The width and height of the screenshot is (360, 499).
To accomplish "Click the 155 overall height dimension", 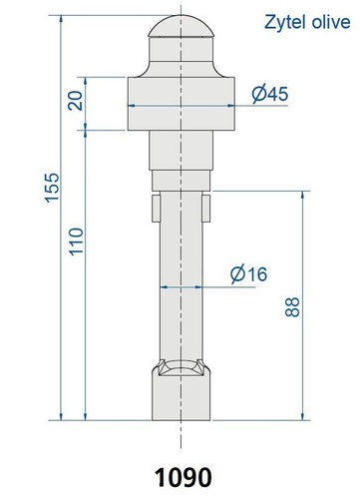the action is point(52,188).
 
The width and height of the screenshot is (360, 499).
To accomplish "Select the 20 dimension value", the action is point(76,101).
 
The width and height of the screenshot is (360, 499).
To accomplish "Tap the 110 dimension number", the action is point(76,242).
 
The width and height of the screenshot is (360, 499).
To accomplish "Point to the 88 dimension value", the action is point(292,307).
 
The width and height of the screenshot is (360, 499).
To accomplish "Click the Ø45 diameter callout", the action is point(269,94).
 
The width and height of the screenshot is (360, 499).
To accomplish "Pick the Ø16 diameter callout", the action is point(248,273).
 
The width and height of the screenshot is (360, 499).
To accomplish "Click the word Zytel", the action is point(284,22).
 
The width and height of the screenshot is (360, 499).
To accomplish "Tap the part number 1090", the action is point(182,477).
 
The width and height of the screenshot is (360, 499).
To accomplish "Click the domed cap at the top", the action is point(181,26).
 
